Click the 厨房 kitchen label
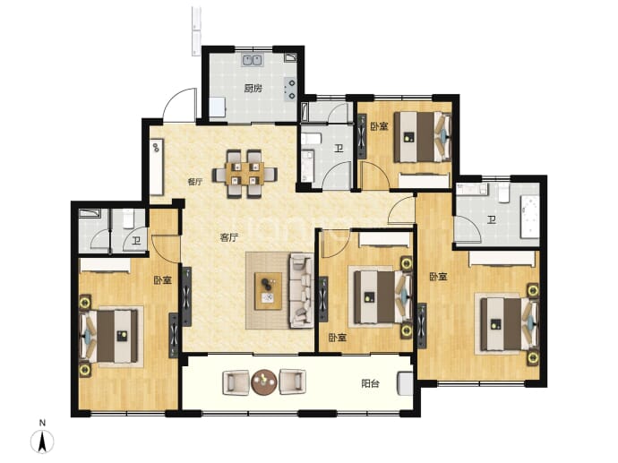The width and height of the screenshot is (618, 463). tap(253, 89)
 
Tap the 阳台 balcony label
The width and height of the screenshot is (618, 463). tap(370, 383)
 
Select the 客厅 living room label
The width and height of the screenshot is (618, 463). tap(229, 237)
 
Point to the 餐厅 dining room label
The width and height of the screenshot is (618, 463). tap(195, 182)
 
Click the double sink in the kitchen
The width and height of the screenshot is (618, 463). tap(253, 60)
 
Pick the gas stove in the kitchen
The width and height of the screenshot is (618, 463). tap(291, 89)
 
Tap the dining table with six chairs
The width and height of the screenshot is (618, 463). tap(245, 174)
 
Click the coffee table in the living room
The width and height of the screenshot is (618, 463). tap(269, 291)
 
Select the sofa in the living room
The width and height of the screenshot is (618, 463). tap(302, 291)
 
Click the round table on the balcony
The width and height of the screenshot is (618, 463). tap(264, 382)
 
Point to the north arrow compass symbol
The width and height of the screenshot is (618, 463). tap(42, 442)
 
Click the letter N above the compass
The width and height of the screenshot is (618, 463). tap(42, 424)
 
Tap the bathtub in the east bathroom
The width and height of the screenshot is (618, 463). tap(529, 217)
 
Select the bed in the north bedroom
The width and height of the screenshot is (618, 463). tap(423, 137)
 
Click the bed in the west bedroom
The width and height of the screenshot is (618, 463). tap(108, 336)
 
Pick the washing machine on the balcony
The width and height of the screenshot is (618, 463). tap(405, 383)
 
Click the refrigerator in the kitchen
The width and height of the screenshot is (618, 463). tap(217, 107)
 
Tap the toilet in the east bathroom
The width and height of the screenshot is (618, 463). tap(504, 193)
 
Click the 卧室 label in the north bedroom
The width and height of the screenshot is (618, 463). tap(379, 126)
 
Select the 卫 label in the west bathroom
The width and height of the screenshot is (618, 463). tap(136, 240)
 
